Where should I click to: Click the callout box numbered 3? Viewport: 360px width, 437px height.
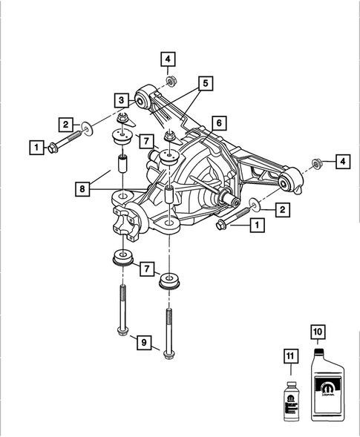pyautogui.click(x=120, y=99)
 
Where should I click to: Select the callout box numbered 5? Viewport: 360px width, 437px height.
pyautogui.click(x=205, y=83)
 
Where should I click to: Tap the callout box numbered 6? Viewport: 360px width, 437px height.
pyautogui.click(x=218, y=122)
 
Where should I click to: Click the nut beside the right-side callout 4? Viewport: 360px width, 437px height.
pyautogui.click(x=315, y=162)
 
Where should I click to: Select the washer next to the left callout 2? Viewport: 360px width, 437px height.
pyautogui.click(x=87, y=131)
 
